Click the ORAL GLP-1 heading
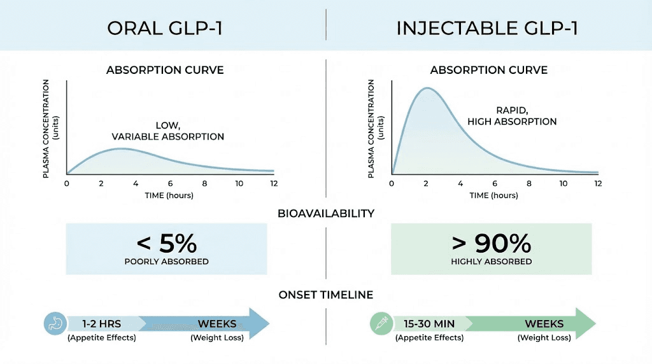(x=164, y=29)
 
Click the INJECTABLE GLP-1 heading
(x=487, y=29)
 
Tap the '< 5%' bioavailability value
(x=166, y=244)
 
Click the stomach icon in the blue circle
(x=55, y=323)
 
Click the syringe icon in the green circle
(x=381, y=323)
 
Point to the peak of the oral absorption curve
(x=122, y=149)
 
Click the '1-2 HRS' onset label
(x=101, y=323)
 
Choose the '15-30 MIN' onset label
(x=429, y=323)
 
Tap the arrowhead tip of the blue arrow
(x=269, y=323)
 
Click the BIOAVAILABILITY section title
(x=325, y=213)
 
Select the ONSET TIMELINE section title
(x=325, y=295)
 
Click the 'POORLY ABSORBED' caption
(x=166, y=262)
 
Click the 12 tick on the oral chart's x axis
(x=274, y=183)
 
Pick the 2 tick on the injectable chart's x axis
(x=426, y=183)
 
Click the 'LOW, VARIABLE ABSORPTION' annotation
(x=168, y=131)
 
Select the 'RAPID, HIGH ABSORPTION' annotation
(x=512, y=116)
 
